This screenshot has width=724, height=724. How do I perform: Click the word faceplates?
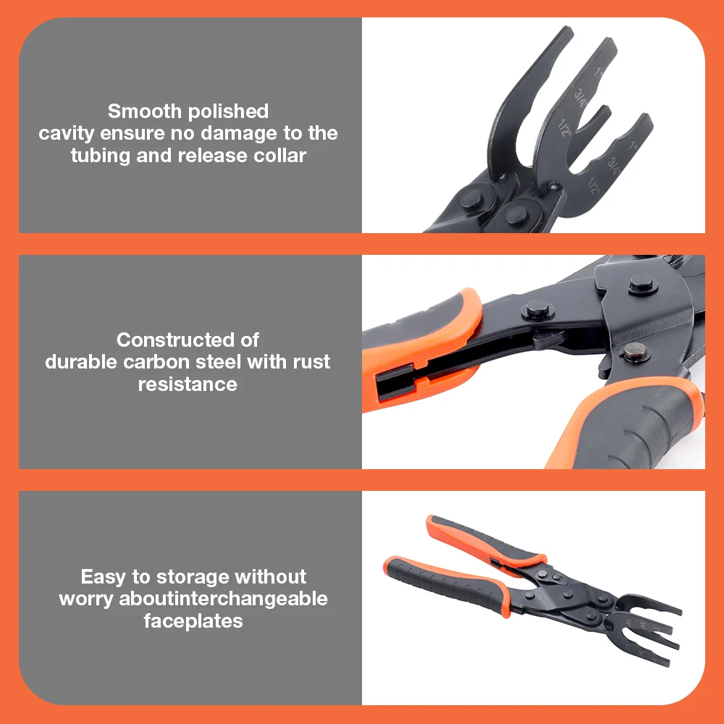click(193, 620)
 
